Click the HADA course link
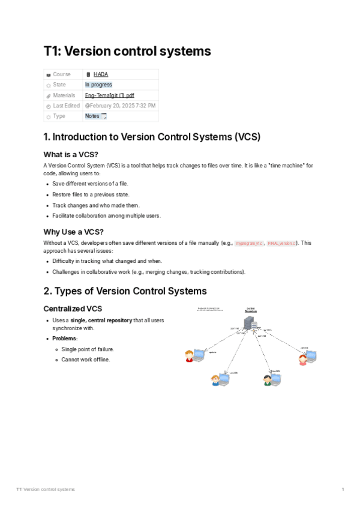[101, 74]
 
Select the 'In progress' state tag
[98, 85]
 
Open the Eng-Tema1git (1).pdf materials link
[109, 95]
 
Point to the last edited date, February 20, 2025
[120, 106]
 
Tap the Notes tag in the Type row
[92, 116]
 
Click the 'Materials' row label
[64, 95]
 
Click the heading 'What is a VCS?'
[71, 155]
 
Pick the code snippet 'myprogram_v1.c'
[248, 244]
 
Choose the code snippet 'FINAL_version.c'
[281, 244]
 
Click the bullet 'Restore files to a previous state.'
[91, 194]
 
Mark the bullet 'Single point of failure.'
[88, 349]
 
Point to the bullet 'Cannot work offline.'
[86, 360]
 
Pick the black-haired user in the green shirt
[268, 380]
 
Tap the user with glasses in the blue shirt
[216, 380]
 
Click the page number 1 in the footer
[343, 490]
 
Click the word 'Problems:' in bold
[65, 339]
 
